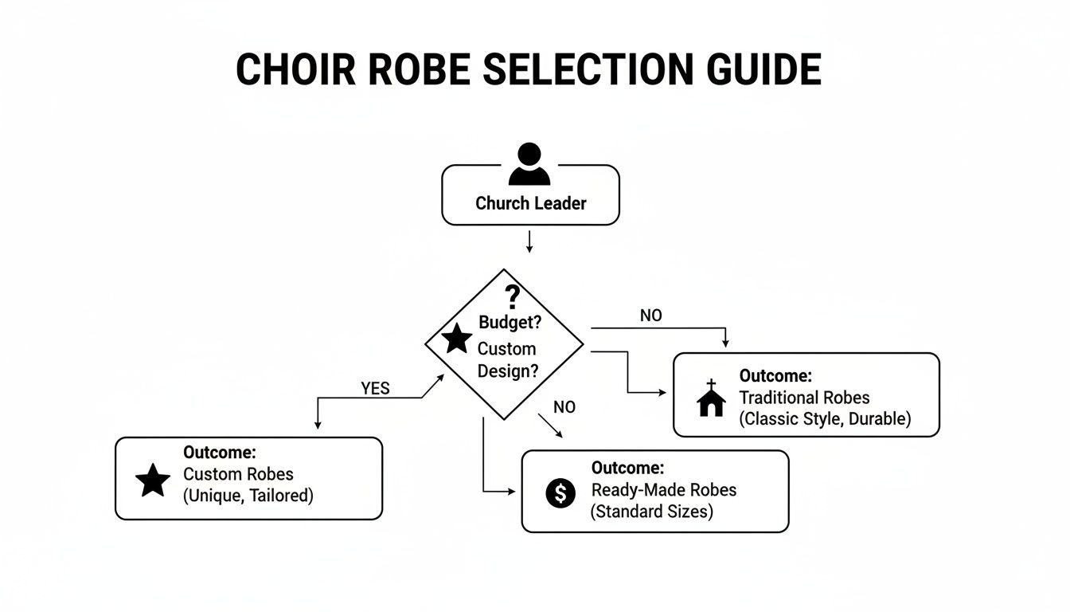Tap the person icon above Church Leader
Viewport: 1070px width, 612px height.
point(529,165)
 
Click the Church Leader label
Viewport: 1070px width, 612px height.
point(530,203)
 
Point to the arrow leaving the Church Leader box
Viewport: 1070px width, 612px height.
point(529,241)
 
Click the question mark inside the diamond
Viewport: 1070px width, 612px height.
point(513,296)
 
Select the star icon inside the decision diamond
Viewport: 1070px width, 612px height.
point(457,339)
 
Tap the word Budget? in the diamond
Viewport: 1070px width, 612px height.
point(510,322)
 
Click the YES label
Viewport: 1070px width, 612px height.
point(375,388)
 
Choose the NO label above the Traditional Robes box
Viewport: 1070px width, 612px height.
point(650,316)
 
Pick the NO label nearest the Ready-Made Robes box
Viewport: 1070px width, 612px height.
point(564,407)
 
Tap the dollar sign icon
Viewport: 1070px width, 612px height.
point(560,493)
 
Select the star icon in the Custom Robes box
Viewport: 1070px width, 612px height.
point(153,481)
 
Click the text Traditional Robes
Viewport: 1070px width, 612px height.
point(804,397)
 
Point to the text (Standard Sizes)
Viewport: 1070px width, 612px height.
point(651,512)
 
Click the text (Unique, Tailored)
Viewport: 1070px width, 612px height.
point(248,496)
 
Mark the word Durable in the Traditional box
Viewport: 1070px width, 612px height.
point(879,418)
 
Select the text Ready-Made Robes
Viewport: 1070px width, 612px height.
point(663,489)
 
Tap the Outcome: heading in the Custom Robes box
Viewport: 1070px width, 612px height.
point(219,453)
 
